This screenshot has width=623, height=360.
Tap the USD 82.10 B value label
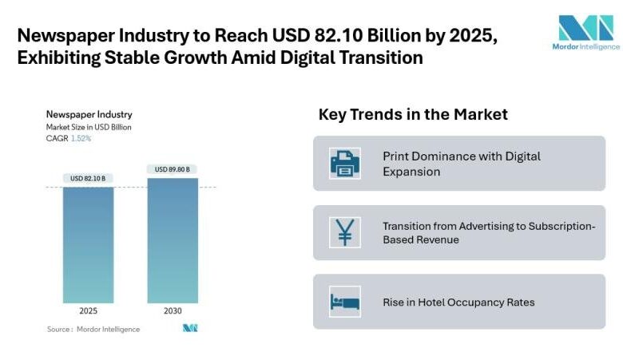coord(89,179)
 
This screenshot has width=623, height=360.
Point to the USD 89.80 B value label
coord(172,169)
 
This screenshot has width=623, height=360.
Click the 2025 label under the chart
coord(89,311)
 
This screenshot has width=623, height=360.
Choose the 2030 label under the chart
coord(172,311)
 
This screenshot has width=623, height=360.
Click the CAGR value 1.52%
coord(81,138)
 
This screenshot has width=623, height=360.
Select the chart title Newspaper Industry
coord(89,115)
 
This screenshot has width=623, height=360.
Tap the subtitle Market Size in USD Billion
coord(89,127)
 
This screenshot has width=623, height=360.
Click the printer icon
coord(345,163)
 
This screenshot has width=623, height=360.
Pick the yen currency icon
coord(345,232)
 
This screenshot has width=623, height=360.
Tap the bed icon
coord(345,302)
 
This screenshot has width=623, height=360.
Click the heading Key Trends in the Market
coord(413,114)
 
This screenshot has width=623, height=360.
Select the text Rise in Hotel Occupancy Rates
coord(458,303)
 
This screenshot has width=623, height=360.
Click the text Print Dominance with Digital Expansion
coord(461,163)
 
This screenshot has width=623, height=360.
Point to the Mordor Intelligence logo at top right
coord(586,32)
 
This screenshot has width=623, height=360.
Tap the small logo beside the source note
coord(189,328)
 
